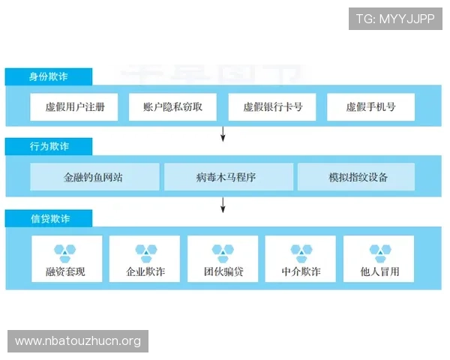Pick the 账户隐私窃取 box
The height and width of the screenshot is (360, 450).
[172, 106]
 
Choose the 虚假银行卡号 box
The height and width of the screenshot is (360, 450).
[272, 106]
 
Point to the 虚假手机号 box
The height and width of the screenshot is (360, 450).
[370, 106]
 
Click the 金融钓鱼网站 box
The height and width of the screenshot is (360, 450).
[94, 177]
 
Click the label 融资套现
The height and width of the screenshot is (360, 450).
[65, 271]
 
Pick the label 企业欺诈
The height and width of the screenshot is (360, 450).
[145, 271]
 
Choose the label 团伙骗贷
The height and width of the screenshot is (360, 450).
[223, 271]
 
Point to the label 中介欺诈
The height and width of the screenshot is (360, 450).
[301, 271]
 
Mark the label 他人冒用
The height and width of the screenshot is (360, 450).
[379, 271]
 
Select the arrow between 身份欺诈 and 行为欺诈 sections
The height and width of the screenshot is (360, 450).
[223, 133]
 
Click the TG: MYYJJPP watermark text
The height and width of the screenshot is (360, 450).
[395, 19]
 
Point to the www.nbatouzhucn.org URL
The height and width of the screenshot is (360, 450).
[78, 341]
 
